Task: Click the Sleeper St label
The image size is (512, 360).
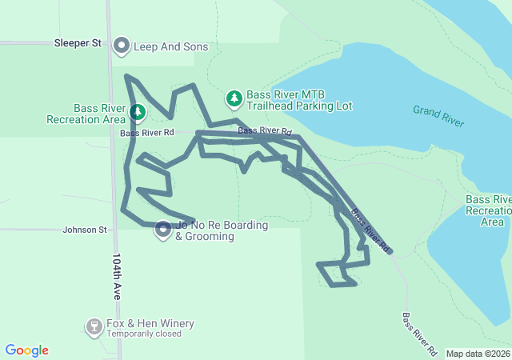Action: tap(78, 43)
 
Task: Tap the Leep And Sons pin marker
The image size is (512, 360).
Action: tap(122, 46)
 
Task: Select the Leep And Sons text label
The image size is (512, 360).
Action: tap(170, 46)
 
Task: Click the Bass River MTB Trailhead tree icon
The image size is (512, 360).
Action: tap(234, 98)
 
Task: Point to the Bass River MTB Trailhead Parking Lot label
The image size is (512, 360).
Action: tap(299, 100)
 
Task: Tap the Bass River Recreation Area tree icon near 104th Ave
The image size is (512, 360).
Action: tap(138, 113)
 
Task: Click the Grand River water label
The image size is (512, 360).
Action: tap(438, 115)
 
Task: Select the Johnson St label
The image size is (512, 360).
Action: tap(85, 230)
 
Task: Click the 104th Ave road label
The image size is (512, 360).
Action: tap(117, 277)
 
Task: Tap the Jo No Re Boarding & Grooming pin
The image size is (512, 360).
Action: tap(162, 230)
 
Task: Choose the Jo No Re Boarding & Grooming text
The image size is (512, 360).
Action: tap(222, 230)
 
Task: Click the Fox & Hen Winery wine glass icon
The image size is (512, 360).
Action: tap(94, 326)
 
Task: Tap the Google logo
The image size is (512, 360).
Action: tap(26, 350)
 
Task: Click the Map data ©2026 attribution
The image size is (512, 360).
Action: tap(478, 354)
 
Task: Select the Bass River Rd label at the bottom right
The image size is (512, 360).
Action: tap(419, 334)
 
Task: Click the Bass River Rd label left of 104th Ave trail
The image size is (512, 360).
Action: tap(147, 133)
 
